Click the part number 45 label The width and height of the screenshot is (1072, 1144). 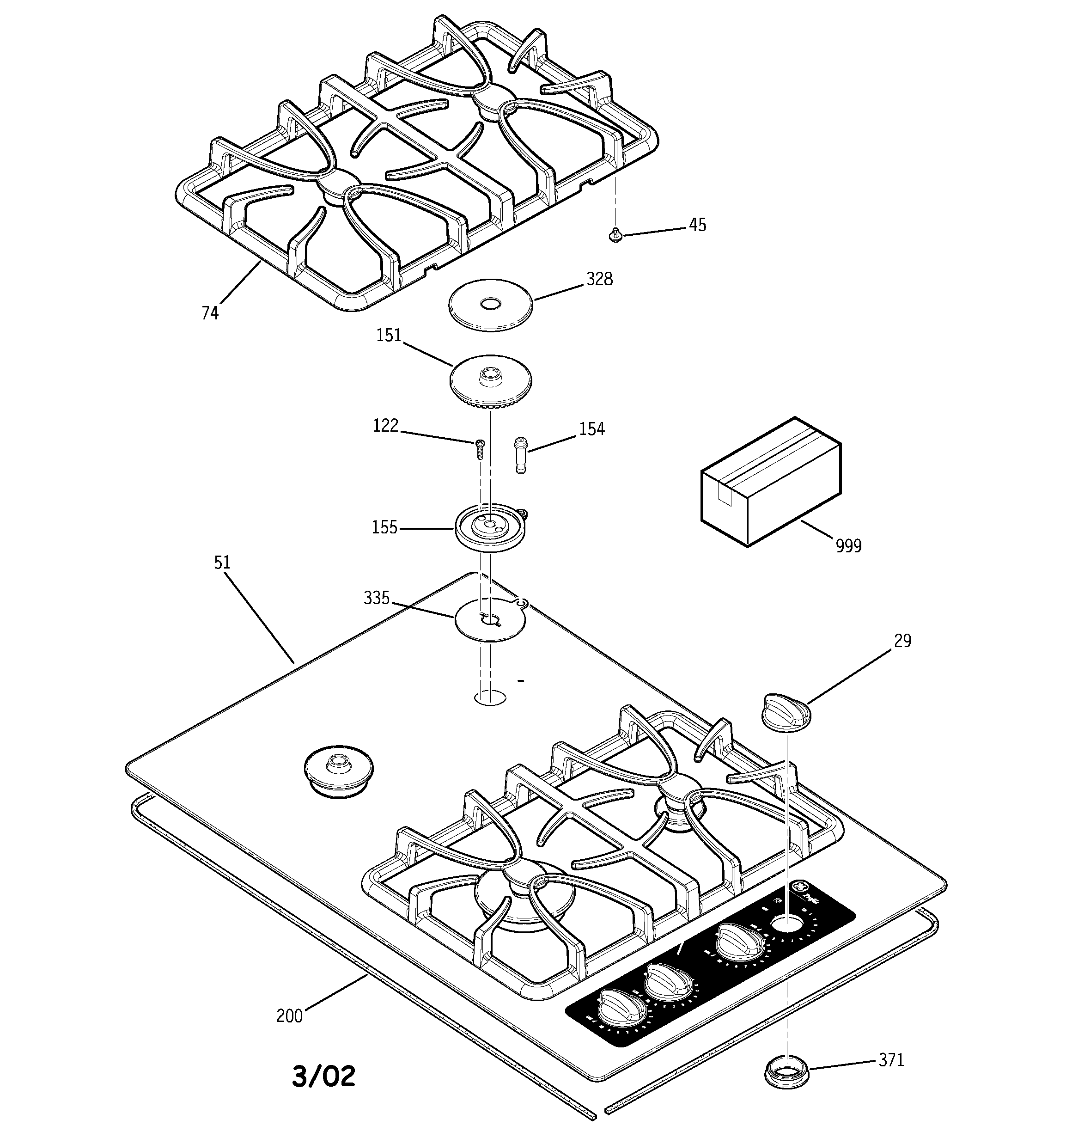tap(697, 225)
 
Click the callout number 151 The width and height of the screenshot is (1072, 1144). tap(389, 336)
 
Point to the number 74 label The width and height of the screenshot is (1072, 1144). tap(210, 313)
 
